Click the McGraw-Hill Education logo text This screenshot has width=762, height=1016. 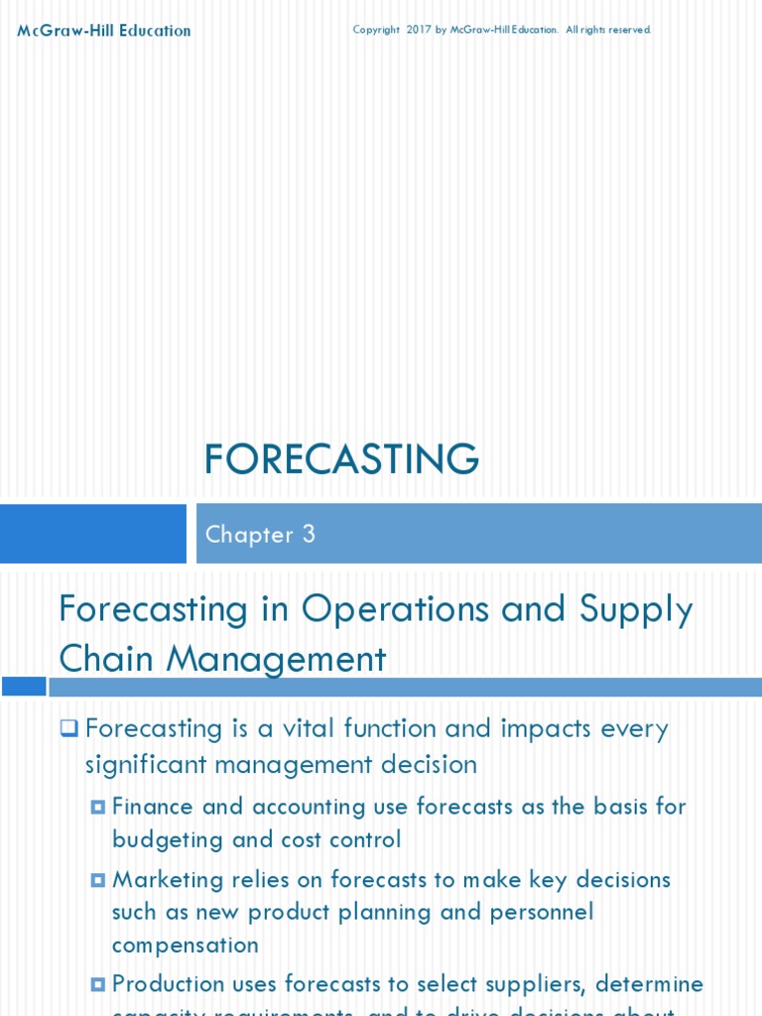[x=104, y=31]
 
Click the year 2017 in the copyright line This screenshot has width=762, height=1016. [x=418, y=30]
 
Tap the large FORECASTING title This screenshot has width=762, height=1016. [x=341, y=459]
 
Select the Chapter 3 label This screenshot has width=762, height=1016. [x=260, y=534]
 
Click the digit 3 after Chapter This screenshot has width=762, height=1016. [x=309, y=534]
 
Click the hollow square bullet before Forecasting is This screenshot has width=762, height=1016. [x=68, y=729]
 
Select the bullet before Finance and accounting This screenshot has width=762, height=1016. [x=97, y=808]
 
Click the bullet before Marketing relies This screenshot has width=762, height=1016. [x=97, y=880]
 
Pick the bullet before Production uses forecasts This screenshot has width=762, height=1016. [x=97, y=984]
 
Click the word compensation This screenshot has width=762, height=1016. [x=186, y=945]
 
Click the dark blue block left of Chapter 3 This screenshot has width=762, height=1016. [x=93, y=534]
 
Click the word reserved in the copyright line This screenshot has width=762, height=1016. [x=630, y=30]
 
